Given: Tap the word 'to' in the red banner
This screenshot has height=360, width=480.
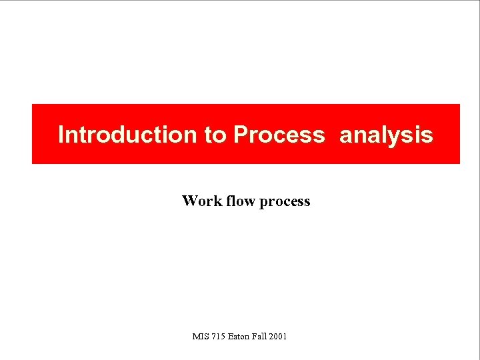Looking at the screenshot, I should coord(215,135).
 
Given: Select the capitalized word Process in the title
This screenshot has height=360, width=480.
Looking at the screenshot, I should coord(279,135).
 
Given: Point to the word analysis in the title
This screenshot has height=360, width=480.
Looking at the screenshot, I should coord(386,135).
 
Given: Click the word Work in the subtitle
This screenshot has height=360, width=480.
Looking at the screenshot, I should coord(202,201).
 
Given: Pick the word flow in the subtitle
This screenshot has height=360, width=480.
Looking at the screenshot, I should coord(241,201).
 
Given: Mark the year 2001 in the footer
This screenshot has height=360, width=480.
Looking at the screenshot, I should coord(279,337).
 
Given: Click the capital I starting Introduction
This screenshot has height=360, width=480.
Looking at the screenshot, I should coord(61,135).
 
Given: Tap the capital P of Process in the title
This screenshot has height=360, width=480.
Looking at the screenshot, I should coord(240,135).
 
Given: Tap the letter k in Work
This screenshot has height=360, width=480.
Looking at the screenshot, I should coord(218,201).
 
